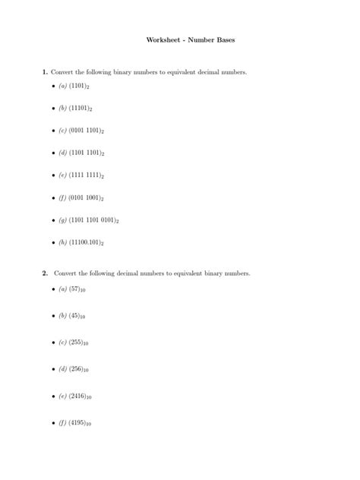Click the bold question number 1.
(x=45, y=71)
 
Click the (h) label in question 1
(x=62, y=242)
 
